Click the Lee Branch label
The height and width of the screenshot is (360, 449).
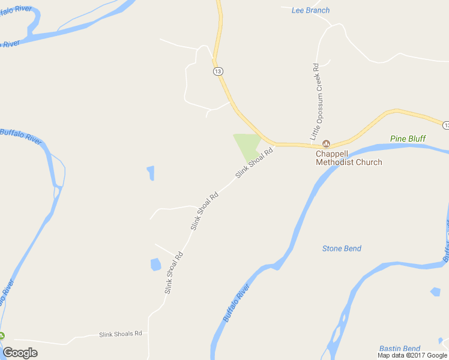click(x=310, y=10)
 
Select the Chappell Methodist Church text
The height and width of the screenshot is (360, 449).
click(x=349, y=157)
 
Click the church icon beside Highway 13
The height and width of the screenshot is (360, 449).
click(x=327, y=143)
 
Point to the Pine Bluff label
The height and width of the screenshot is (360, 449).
click(x=408, y=139)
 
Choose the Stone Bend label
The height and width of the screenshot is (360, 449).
click(x=342, y=248)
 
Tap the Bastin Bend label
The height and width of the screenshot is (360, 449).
click(x=399, y=349)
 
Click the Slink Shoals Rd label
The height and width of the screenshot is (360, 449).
click(x=120, y=334)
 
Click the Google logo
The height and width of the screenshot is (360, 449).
click(x=20, y=353)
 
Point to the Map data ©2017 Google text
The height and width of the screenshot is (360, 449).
click(x=412, y=355)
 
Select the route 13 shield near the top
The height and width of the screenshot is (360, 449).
click(x=218, y=71)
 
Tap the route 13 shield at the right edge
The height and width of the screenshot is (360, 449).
click(x=445, y=125)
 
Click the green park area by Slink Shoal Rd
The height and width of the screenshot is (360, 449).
click(x=247, y=144)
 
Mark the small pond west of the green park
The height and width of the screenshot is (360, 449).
click(x=151, y=173)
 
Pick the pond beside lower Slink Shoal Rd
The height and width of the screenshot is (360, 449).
click(x=155, y=264)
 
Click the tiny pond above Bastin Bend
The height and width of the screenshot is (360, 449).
click(x=435, y=292)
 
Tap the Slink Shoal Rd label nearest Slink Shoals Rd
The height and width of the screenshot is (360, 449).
click(x=173, y=272)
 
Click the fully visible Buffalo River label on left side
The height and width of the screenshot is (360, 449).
click(x=22, y=136)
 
